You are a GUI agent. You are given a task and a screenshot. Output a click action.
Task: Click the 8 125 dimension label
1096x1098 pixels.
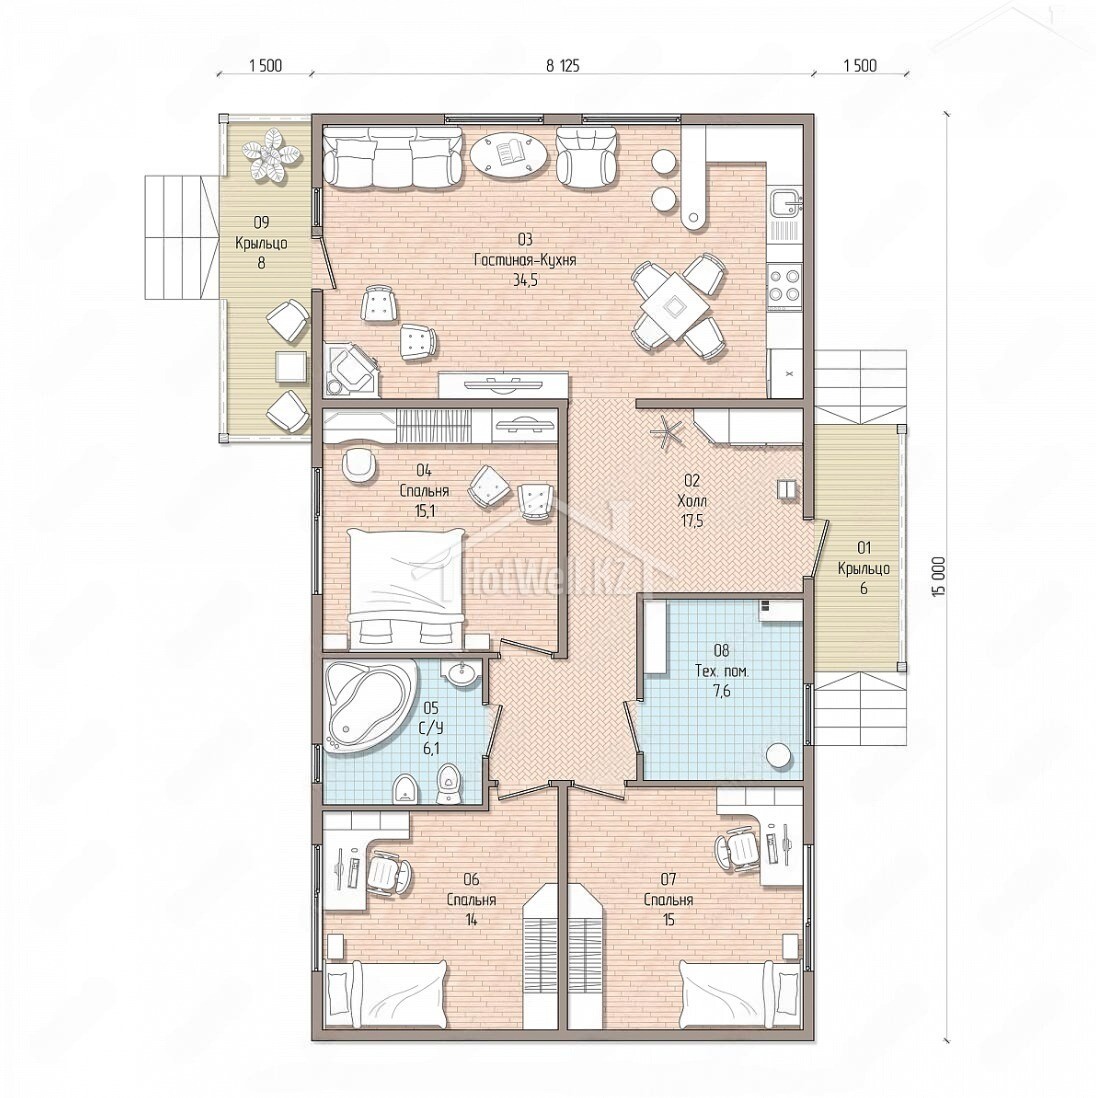click(x=563, y=66)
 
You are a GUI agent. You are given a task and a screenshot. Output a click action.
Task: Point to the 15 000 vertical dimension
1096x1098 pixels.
click(x=938, y=576)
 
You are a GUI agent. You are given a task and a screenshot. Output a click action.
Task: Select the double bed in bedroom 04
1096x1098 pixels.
click(x=406, y=585)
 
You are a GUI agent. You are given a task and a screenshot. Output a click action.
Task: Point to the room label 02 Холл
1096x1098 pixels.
click(x=691, y=491)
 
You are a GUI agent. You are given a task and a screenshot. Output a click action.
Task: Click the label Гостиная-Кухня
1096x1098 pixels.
click(x=525, y=260)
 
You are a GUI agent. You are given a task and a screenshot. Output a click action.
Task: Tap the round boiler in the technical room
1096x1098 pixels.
click(x=779, y=756)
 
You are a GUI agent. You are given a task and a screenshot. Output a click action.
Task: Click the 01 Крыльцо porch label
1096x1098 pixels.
click(x=863, y=567)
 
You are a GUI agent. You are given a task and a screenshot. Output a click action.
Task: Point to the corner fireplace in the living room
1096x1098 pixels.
click(x=351, y=369)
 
